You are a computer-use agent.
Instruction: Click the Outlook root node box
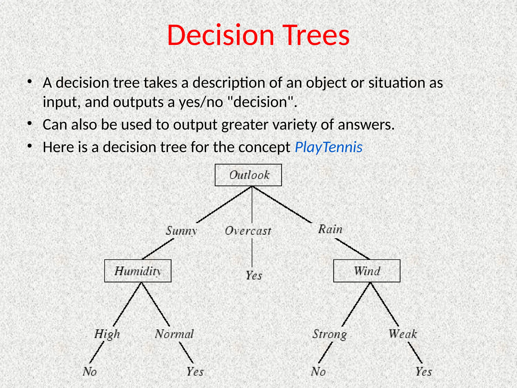point(248,175)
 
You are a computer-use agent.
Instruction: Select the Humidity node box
point(138,271)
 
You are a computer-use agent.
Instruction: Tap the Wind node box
point(367,271)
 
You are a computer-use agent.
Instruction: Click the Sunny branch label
point(181,231)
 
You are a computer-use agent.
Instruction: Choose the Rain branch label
point(330,229)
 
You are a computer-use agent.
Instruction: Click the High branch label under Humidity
point(107,334)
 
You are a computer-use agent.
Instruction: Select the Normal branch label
point(174,334)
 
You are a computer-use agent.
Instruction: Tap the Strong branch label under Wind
point(330,334)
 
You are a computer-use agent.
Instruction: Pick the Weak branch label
point(403,334)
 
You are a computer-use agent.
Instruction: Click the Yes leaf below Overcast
point(254,275)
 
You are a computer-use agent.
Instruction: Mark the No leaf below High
point(90,372)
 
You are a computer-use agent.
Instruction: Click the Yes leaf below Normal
point(195,372)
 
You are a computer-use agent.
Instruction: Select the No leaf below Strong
point(318,372)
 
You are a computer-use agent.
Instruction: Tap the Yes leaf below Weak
point(424,372)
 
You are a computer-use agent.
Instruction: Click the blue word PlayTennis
point(328,147)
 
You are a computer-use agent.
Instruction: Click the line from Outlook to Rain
point(282,205)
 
